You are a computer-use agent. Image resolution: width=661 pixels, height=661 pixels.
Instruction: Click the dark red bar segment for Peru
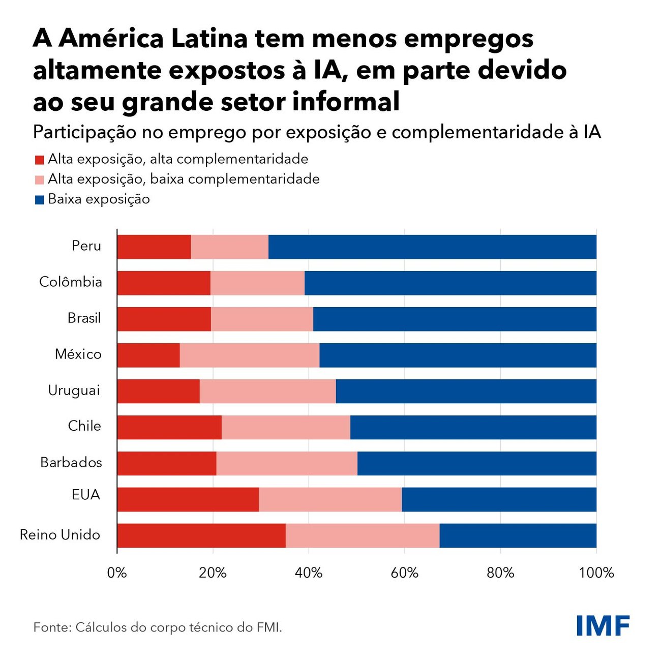pos(154,247)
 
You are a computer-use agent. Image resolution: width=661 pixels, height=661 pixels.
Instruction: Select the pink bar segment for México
pos(250,355)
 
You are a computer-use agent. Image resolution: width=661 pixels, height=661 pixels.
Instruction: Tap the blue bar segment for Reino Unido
pos(518,535)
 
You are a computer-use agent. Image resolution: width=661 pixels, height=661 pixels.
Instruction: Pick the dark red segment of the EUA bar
pos(188,499)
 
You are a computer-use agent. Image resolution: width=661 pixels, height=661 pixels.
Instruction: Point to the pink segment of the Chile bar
pos(286,427)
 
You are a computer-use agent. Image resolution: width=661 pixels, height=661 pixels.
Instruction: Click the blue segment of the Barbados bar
pos(476,463)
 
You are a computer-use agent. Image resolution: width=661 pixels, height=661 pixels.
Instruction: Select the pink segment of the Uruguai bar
pos(267,392)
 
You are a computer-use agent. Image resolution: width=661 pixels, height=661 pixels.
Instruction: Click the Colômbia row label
pos(71,282)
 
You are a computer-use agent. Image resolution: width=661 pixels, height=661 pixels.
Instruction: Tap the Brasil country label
pos(84,318)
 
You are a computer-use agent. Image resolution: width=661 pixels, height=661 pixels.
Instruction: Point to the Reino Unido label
pos(60,535)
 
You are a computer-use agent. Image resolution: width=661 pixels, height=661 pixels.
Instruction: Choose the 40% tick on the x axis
pos(309,573)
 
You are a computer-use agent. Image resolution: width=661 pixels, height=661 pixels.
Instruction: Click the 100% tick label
pos(596,573)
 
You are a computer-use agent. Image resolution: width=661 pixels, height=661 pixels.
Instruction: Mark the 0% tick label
pos(117,573)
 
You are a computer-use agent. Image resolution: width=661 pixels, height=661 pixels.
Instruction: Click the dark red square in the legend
pos(39,160)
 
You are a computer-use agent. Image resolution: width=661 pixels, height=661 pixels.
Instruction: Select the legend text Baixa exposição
pos(99,199)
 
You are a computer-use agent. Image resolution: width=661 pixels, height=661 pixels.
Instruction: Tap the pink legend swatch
pos(39,180)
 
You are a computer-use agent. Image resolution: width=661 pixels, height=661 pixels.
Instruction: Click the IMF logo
pos(603,625)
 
